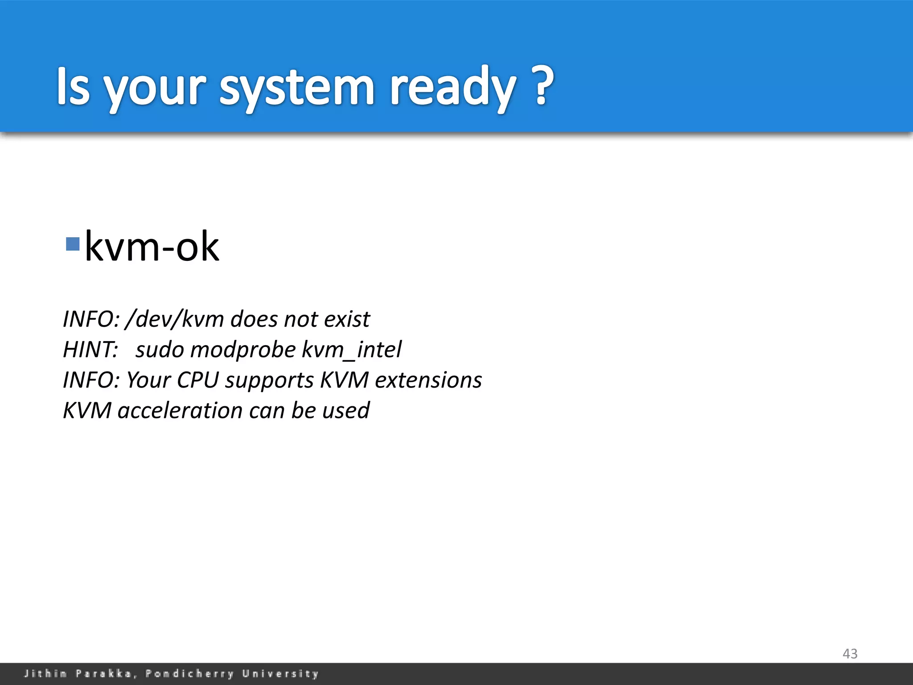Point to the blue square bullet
tap(72, 244)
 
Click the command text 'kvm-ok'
tap(152, 247)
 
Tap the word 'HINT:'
tap(90, 350)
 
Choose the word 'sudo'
tap(160, 350)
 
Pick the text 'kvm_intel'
tap(352, 350)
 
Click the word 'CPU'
tap(197, 380)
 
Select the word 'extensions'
tap(428, 380)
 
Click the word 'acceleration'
tap(180, 410)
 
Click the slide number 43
tap(850, 654)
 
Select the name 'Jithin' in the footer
tap(45, 673)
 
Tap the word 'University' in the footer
tap(280, 673)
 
